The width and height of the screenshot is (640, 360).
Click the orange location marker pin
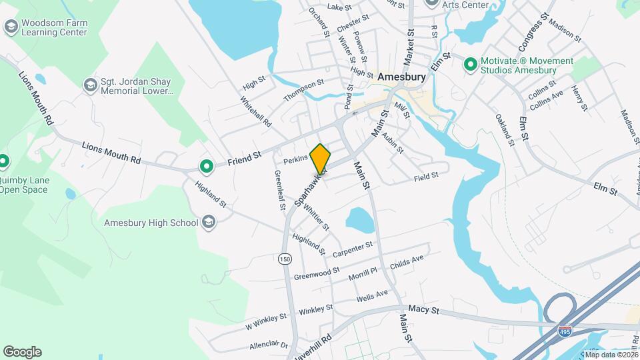tap(321, 158)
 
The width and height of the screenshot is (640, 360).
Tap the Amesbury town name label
tap(401, 77)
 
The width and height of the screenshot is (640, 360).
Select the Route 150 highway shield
tap(286, 259)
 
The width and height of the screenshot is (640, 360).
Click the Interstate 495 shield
tap(564, 330)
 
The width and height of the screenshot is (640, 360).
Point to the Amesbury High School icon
tap(209, 223)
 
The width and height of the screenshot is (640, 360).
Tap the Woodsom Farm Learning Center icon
tap(10, 27)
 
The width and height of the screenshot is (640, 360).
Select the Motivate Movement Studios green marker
tap(470, 65)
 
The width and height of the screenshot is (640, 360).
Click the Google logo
tap(22, 352)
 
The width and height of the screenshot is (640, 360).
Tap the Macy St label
tap(425, 310)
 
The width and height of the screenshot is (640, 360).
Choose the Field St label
tap(425, 176)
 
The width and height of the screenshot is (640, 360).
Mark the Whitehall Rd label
tap(256, 112)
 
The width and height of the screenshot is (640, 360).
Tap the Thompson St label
tap(303, 91)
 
